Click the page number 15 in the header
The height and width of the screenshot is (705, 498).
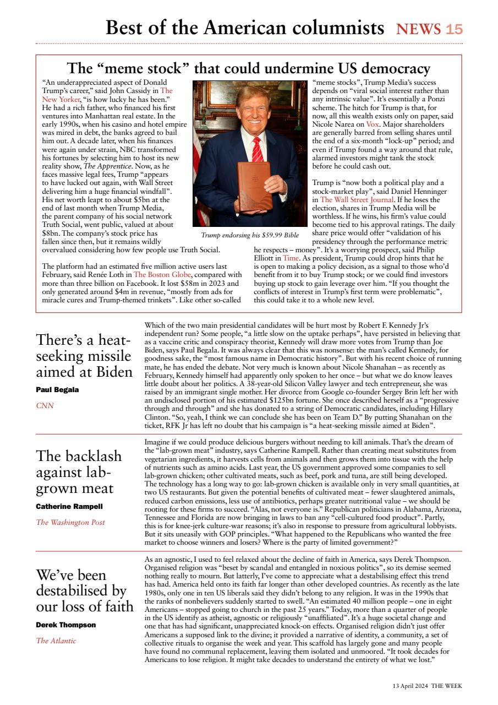pos(454,29)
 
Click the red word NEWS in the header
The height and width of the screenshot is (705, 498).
pos(419,29)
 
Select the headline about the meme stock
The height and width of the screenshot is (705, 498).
pos(248,68)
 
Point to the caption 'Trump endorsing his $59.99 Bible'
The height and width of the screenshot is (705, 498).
pos(250,235)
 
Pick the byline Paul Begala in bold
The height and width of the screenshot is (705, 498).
pos(57,389)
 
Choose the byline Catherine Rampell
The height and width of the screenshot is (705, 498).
pos(69,506)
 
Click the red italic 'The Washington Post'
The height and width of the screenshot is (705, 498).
pos(70,522)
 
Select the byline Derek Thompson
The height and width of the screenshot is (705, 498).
pos(65,625)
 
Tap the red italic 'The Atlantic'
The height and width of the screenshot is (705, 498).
pos(56,641)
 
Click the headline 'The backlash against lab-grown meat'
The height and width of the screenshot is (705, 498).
pos(79,472)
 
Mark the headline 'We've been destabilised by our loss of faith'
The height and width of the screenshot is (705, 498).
pos(84,590)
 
